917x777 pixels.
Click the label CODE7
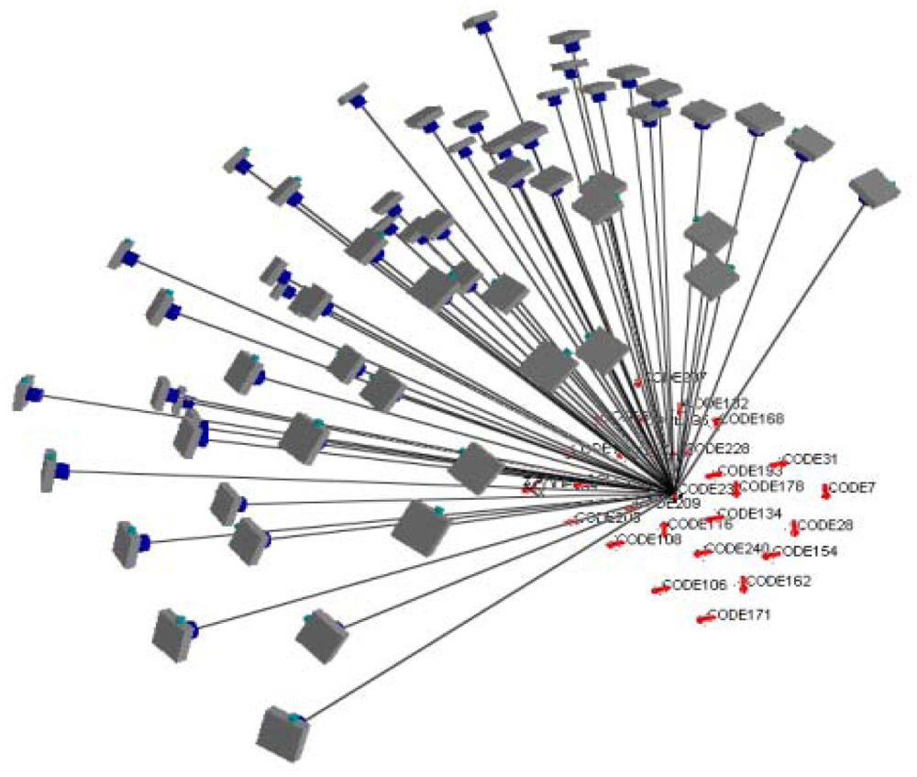(853, 487)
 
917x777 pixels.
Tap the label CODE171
(740, 615)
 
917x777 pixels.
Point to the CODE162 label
(780, 581)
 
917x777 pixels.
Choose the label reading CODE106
(694, 584)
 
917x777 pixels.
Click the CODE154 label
(806, 551)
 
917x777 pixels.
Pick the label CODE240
(738, 549)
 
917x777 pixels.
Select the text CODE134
(750, 513)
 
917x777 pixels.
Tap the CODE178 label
(771, 485)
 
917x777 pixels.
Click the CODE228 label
(718, 448)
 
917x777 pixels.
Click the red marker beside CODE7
(825, 492)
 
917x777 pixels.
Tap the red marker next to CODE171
(704, 620)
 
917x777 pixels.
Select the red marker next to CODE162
(744, 584)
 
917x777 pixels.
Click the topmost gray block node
(481, 21)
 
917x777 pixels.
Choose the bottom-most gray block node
(283, 733)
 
